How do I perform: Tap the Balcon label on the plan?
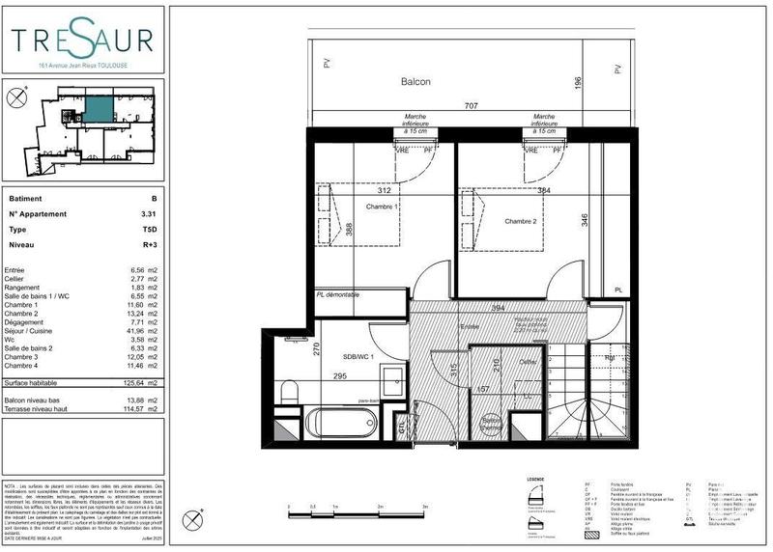coord(415,82)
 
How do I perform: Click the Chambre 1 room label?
coord(382,207)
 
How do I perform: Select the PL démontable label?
coord(338,294)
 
